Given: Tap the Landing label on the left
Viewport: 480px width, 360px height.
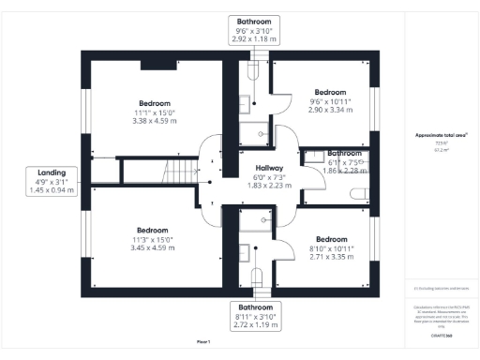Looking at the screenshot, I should click(52, 172).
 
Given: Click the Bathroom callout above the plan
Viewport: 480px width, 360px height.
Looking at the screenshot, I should click(255, 21).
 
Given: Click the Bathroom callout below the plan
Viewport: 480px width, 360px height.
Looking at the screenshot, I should click(255, 307).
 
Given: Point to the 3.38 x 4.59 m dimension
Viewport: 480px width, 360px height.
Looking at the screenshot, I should click(155, 120).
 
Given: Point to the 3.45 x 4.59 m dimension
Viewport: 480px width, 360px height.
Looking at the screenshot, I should click(152, 247).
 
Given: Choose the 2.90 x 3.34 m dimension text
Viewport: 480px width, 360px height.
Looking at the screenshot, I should click(331, 110).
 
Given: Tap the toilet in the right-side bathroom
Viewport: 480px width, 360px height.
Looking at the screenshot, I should click(357, 193).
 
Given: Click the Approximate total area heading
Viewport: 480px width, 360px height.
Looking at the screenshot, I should click(441, 135).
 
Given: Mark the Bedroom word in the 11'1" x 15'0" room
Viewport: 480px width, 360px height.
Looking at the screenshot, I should click(155, 102).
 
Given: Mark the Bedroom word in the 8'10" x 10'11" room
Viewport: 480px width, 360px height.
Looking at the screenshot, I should click(331, 237).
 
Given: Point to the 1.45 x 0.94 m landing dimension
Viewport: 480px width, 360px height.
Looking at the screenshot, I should click(52, 190).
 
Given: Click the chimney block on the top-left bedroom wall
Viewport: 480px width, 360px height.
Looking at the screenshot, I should click(153, 66).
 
